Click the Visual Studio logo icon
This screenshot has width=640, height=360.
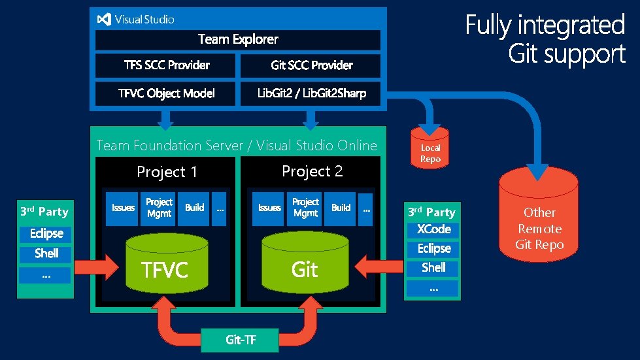point(103,20)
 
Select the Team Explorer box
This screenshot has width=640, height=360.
point(237,40)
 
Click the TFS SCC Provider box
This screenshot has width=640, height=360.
point(166,65)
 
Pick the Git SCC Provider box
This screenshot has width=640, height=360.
point(311,65)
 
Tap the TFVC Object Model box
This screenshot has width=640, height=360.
point(166,93)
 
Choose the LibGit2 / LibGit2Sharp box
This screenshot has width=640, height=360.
point(311,93)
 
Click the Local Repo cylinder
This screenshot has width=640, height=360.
point(430,148)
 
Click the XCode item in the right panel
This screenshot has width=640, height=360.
point(433,229)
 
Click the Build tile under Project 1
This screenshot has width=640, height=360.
point(194,208)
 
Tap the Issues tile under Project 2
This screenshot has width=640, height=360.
point(269,208)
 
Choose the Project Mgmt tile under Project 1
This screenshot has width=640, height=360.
point(159,208)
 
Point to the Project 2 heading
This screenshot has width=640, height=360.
point(312,171)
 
